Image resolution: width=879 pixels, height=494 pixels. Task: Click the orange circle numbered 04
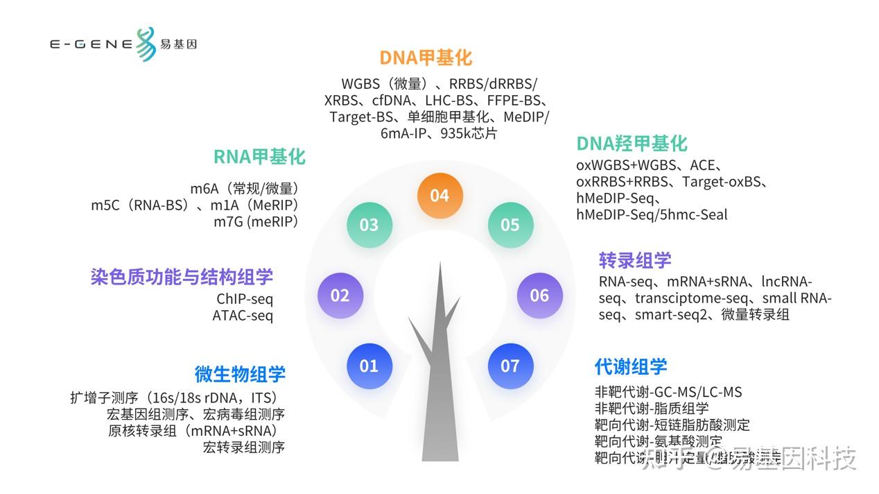439,196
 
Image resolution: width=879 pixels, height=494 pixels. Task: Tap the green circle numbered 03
369,225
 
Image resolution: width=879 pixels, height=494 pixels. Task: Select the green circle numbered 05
510,225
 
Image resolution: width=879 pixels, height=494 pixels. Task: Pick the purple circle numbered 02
340,296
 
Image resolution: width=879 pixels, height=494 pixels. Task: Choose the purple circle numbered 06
539,296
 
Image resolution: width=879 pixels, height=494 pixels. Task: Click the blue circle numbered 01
369,366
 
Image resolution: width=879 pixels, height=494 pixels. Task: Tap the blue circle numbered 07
510,366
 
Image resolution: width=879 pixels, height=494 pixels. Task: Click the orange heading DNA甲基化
426,58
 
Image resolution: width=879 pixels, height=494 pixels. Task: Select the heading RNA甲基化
259,157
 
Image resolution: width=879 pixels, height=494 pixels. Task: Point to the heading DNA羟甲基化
632,144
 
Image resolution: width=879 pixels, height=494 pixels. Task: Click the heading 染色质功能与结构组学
182,277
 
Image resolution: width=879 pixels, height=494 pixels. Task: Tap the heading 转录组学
635,260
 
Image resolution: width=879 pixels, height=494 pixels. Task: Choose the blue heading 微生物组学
240,374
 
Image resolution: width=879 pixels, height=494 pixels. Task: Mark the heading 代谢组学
631,366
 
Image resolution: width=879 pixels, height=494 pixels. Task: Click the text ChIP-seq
245,299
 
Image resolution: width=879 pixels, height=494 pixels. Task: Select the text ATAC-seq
243,316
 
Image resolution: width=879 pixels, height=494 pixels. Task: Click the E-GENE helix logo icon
145,44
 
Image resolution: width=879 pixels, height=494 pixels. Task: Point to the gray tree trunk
439,389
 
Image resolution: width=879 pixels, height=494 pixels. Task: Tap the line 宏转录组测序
243,448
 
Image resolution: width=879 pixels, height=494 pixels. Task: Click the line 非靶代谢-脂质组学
652,409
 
